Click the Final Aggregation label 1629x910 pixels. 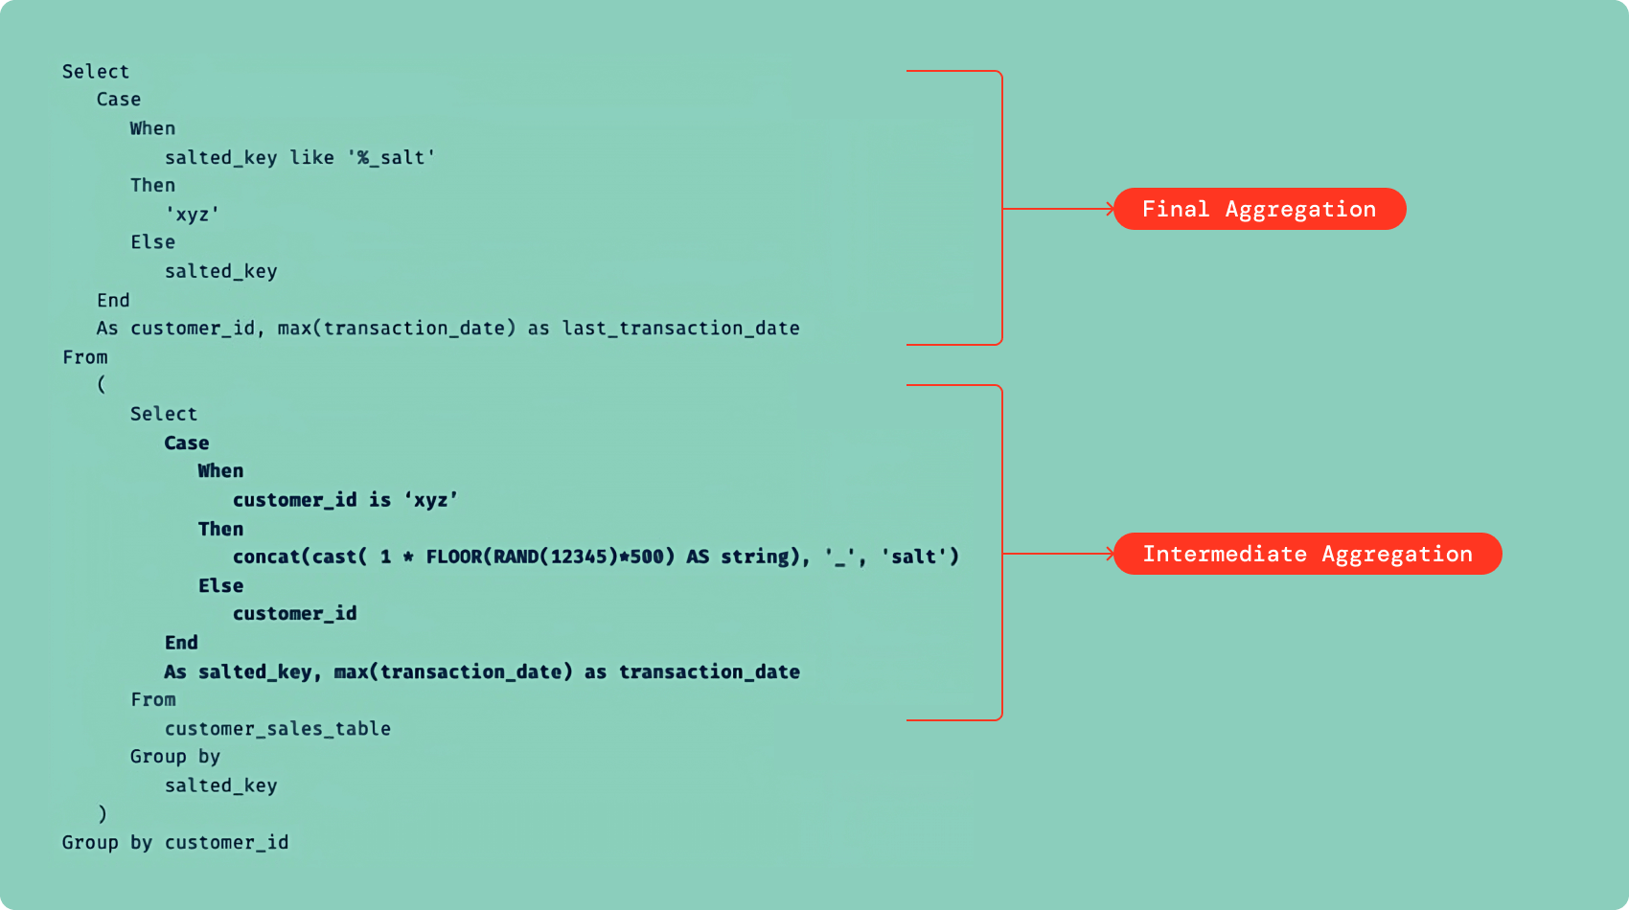coord(1259,209)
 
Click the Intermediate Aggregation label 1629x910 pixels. coord(1307,554)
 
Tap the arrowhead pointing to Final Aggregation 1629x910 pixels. coord(1110,209)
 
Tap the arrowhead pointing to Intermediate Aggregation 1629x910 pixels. coord(1110,554)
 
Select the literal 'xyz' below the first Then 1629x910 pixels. coord(193,214)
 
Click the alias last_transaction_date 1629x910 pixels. coord(680,328)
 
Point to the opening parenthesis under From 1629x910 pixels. coord(102,385)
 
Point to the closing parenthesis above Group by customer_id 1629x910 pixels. coord(102,814)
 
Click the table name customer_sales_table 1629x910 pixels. coord(278,728)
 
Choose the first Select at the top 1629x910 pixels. coord(96,72)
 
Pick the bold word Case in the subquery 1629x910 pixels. coord(187,443)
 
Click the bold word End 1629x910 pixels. coord(181,643)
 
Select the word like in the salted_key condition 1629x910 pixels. coord(311,157)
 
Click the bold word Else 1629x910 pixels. coord(221,585)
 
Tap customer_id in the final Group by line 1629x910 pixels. coord(226,842)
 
